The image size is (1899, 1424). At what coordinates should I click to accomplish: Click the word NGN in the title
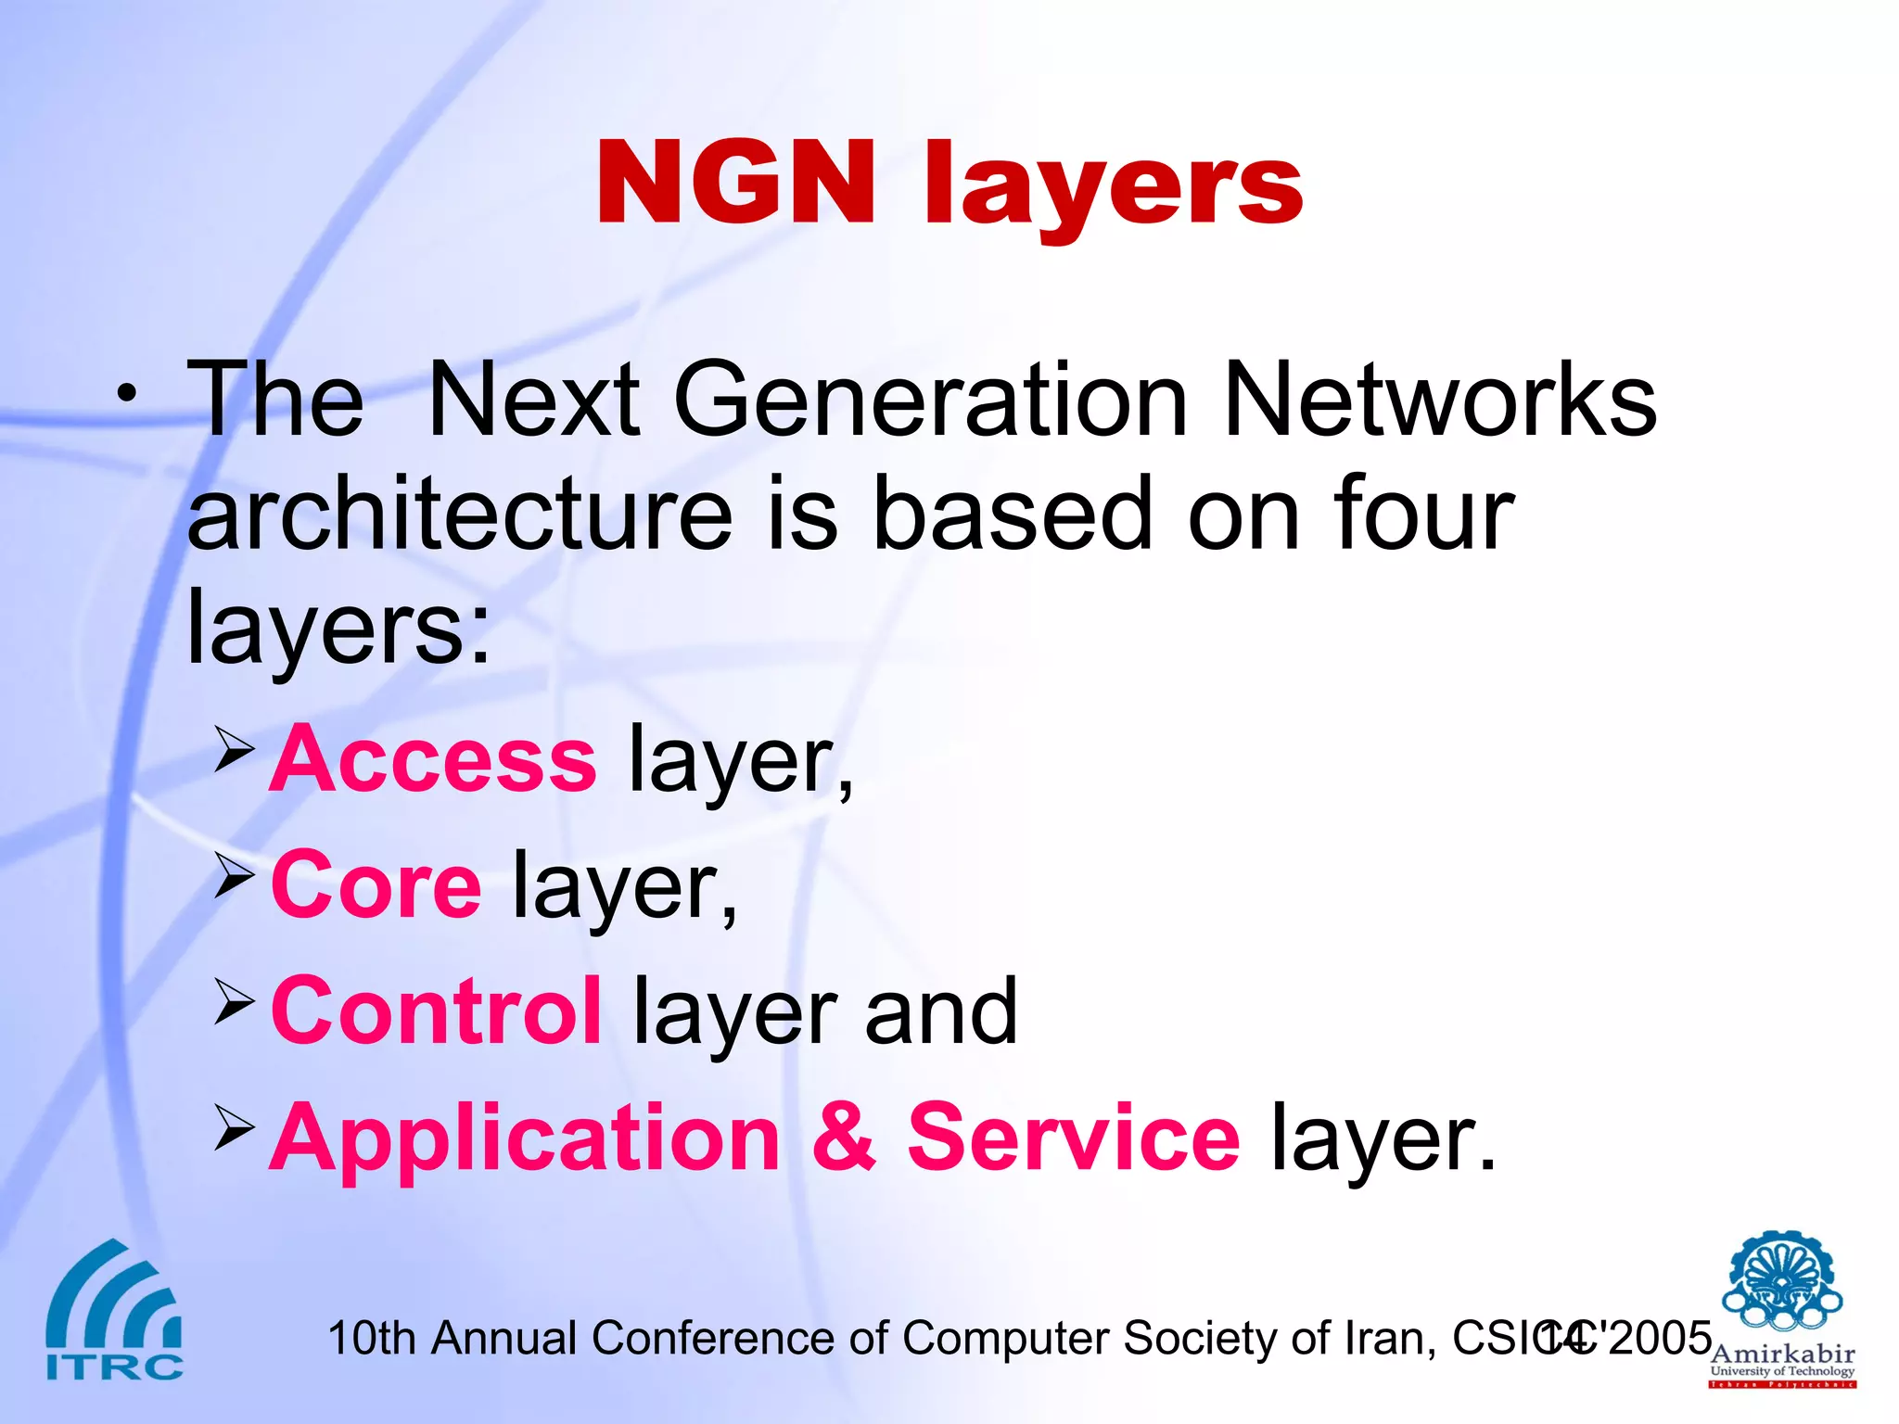[x=735, y=183]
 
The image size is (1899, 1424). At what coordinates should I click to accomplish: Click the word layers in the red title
[x=1113, y=185]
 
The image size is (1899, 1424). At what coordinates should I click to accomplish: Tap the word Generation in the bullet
[x=930, y=400]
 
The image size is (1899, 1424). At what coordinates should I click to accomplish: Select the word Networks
[x=1440, y=400]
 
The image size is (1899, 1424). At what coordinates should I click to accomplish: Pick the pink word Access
[x=433, y=760]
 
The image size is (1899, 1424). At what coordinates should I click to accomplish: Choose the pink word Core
[x=376, y=886]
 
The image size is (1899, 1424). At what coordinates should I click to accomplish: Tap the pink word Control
[x=436, y=1012]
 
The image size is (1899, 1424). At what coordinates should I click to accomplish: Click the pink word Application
[x=525, y=1138]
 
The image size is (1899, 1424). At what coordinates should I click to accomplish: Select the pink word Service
[x=1073, y=1138]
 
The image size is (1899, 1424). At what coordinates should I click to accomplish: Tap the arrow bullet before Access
[x=234, y=749]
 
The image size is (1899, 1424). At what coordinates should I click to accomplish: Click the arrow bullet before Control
[x=234, y=1001]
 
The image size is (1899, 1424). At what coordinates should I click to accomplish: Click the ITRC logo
[x=114, y=1311]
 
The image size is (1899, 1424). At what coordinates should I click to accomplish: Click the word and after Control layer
[x=940, y=1012]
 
